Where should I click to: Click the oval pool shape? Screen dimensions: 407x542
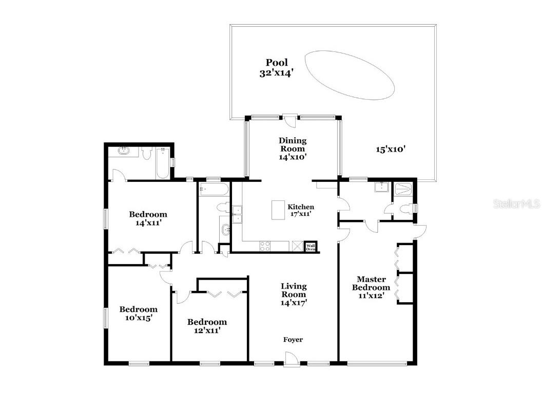pos(350,75)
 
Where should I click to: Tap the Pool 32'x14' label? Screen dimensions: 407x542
pos(276,68)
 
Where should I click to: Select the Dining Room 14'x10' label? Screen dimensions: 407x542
pos(293,149)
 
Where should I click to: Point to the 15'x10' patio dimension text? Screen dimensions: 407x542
pos(391,150)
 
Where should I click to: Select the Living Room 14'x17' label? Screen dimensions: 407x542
pos(293,294)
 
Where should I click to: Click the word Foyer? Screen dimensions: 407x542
pos(293,340)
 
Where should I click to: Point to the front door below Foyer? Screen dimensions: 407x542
pos(291,359)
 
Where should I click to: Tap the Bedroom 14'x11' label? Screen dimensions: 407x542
pos(148,218)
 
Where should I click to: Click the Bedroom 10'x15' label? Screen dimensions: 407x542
pos(139,313)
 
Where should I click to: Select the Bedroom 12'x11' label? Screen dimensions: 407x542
pos(207,326)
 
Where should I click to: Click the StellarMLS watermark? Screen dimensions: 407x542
pos(516,204)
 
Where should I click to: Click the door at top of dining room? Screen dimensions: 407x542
pos(291,120)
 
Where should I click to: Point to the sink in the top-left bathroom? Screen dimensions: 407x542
pos(124,151)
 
